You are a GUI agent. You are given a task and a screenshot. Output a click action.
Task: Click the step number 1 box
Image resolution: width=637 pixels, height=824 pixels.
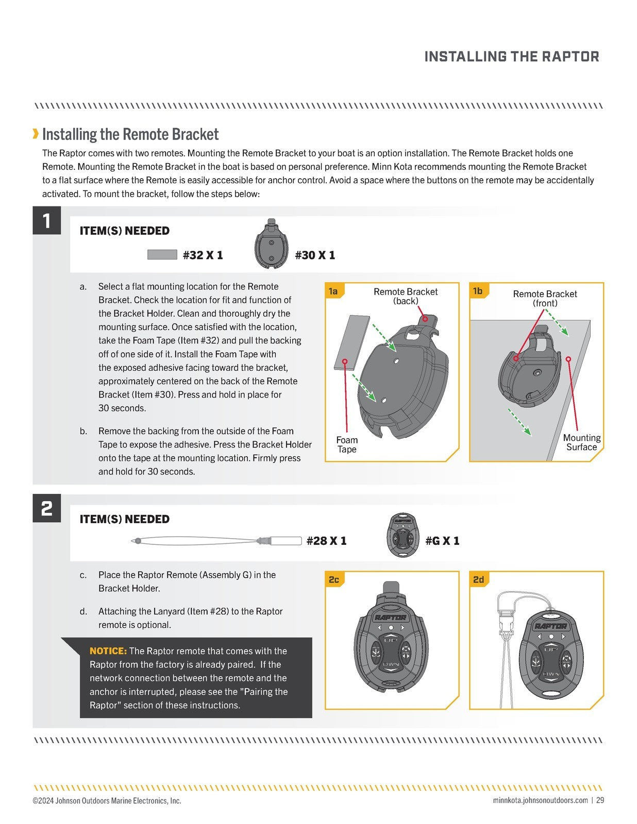click(x=46, y=220)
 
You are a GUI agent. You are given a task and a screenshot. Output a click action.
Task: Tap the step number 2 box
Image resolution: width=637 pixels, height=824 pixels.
click(x=46, y=508)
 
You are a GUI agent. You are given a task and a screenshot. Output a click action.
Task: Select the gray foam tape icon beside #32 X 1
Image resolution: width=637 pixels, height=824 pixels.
click(x=162, y=254)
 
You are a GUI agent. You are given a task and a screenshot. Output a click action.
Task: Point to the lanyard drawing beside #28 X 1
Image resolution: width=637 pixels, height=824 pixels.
click(x=216, y=541)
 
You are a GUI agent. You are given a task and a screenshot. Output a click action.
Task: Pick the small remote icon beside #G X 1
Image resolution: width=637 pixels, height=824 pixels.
click(x=400, y=535)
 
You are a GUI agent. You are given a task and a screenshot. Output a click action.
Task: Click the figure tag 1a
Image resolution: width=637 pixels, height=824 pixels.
click(x=333, y=291)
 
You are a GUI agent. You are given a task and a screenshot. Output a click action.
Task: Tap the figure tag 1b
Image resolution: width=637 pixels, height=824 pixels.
click(x=478, y=291)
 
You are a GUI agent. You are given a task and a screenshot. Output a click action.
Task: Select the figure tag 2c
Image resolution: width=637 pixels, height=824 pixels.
click(x=333, y=580)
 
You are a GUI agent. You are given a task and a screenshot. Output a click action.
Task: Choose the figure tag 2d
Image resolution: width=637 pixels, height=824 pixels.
click(x=478, y=580)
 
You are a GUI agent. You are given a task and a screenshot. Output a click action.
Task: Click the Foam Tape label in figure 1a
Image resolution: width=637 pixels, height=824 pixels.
click(x=347, y=444)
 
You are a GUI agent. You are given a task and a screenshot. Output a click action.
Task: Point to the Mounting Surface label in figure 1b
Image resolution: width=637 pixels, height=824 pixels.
click(x=581, y=442)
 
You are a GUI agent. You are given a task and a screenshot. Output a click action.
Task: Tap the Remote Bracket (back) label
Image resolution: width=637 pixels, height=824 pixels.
click(x=406, y=296)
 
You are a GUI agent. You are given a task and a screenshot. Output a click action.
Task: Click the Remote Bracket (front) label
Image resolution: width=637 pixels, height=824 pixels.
click(x=545, y=298)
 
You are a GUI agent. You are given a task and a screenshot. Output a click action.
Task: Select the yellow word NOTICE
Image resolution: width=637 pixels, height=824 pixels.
click(x=108, y=651)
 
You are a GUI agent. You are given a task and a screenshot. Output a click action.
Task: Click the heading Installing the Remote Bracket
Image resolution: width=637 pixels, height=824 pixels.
click(x=130, y=134)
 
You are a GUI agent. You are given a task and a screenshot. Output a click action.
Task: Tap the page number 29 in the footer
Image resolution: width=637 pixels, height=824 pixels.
click(x=600, y=800)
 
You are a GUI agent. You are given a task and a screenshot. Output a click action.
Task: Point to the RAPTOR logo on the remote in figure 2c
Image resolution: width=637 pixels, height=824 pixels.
click(x=390, y=617)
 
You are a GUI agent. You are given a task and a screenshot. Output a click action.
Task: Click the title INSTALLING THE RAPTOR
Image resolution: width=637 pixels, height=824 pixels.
click(x=511, y=57)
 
